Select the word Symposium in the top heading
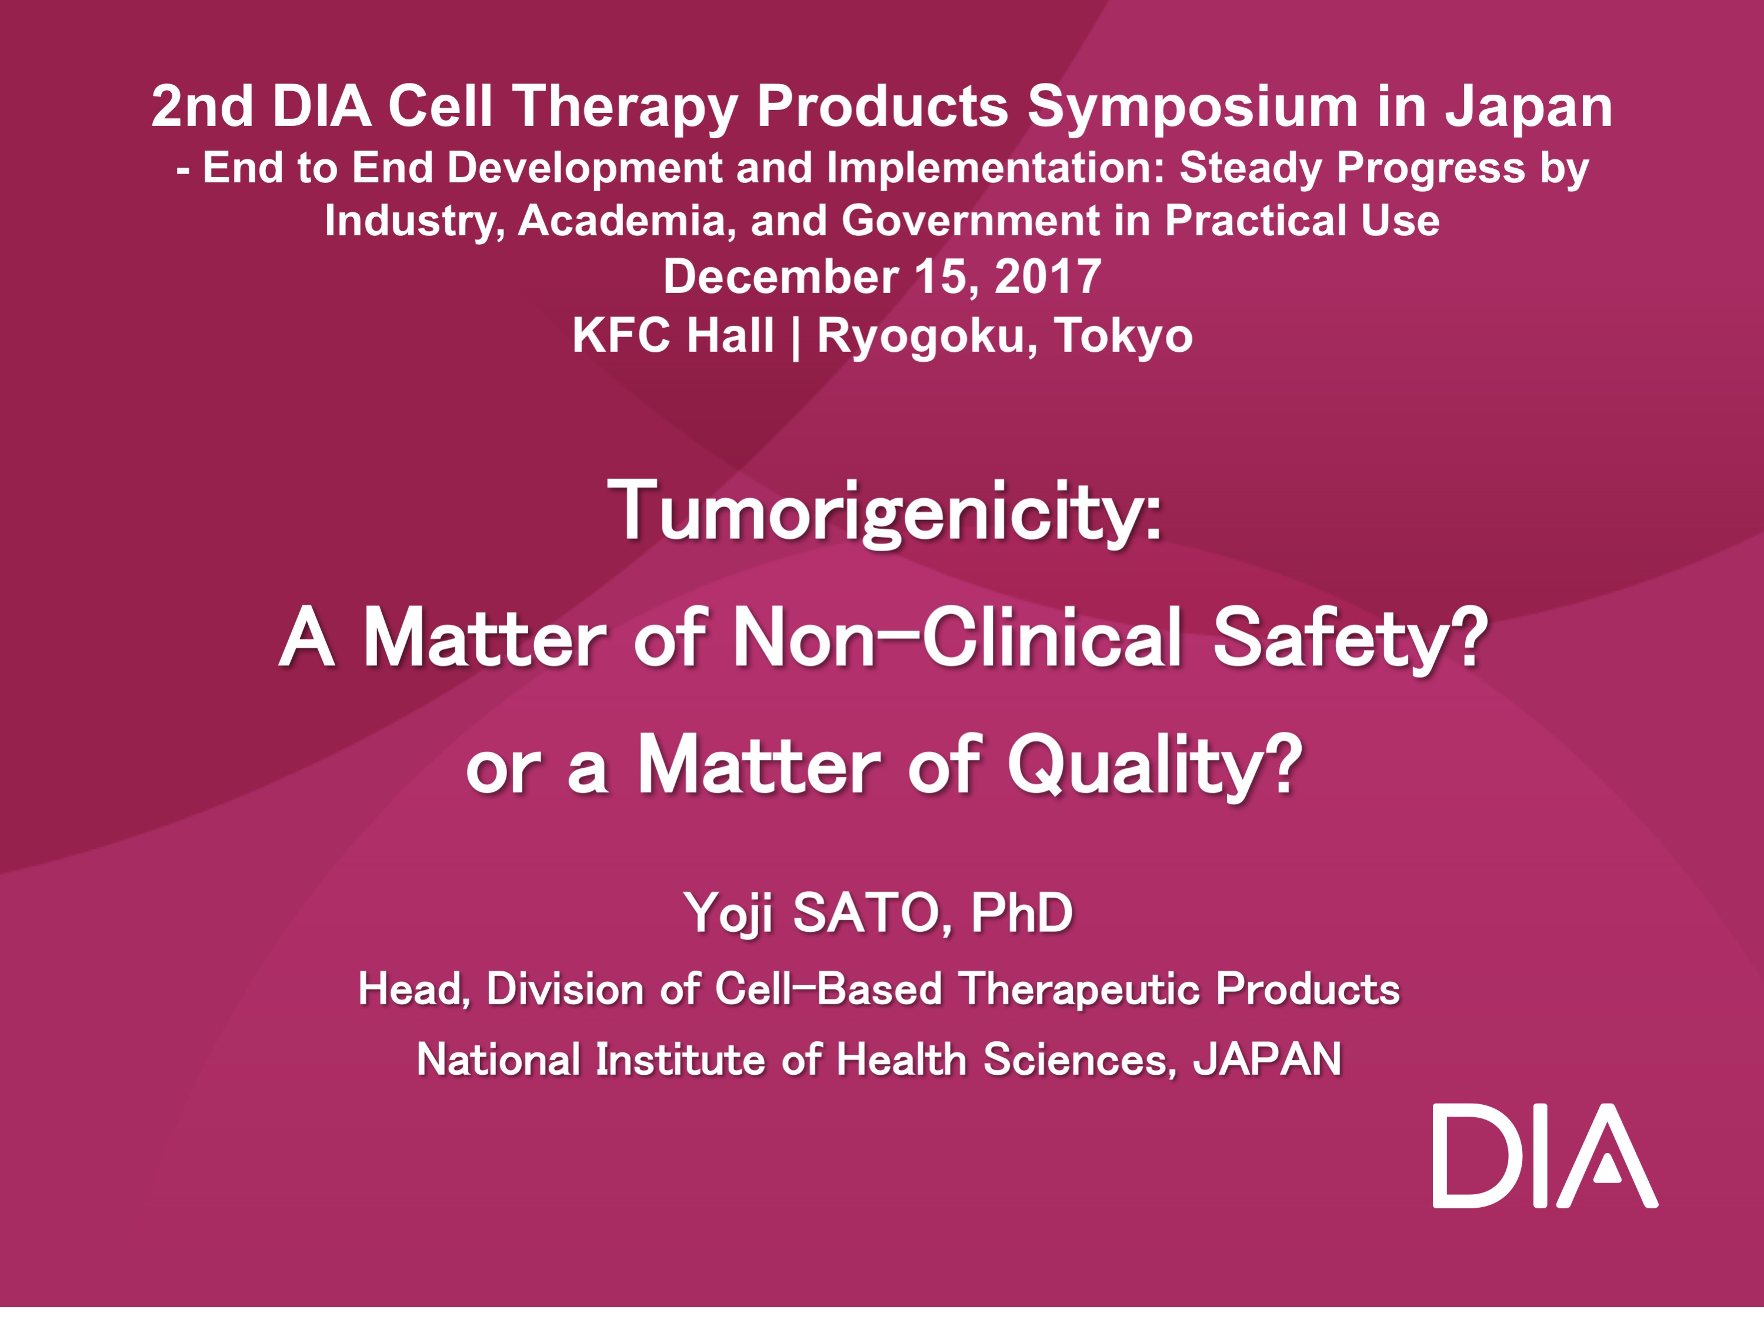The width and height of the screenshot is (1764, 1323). coord(1192,108)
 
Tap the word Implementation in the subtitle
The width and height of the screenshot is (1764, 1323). coord(996,169)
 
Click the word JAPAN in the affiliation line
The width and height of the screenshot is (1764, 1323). coord(1267,1060)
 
